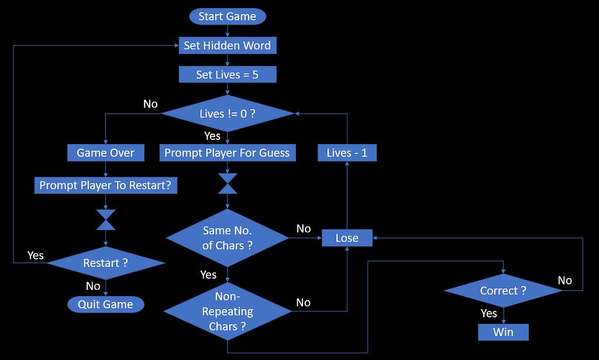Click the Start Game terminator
(227, 16)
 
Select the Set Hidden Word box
(227, 46)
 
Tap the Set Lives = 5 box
(227, 75)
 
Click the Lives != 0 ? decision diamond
(227, 114)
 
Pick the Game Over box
(105, 153)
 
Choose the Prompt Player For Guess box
(227, 153)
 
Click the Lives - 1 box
(347, 153)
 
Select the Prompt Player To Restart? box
(105, 186)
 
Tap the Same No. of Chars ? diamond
(227, 238)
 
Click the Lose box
(347, 238)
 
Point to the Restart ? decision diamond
(105, 263)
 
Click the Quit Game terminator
(105, 304)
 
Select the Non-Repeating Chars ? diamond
(227, 311)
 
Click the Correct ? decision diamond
(503, 291)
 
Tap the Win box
(503, 332)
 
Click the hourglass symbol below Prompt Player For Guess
(227, 183)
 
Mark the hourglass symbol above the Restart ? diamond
(105, 220)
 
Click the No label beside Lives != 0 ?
(150, 104)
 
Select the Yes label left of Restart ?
(36, 256)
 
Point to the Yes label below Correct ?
(489, 314)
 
